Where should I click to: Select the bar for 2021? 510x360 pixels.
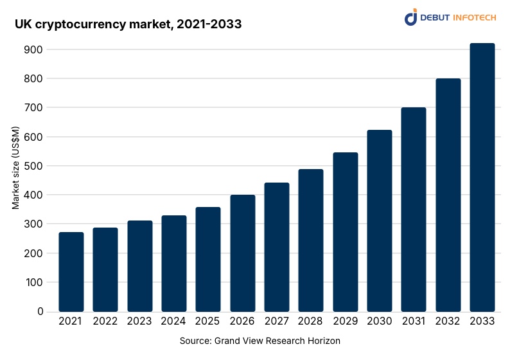(x=71, y=272)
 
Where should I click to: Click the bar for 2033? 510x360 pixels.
(x=482, y=177)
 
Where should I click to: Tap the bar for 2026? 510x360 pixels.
(x=242, y=253)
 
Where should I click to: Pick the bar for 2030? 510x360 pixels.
(x=379, y=221)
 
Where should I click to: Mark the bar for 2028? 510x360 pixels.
(x=311, y=240)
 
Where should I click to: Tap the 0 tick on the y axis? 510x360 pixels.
(x=40, y=312)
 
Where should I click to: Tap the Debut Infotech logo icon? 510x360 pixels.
(x=411, y=17)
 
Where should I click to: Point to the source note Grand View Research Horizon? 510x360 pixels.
(x=259, y=341)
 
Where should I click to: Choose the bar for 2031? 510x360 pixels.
(x=414, y=210)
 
